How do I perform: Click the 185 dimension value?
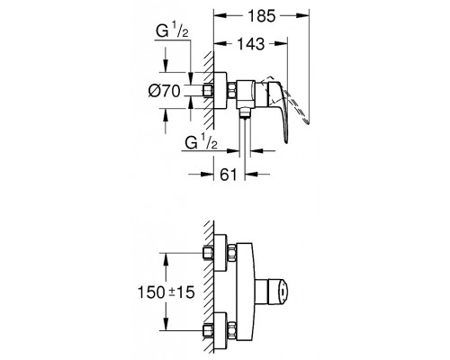click(262, 16)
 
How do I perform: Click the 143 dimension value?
click(251, 44)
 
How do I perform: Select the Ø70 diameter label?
click(165, 91)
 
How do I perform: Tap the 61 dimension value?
click(229, 175)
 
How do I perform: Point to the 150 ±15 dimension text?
click(166, 292)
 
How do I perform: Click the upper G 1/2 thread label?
click(172, 31)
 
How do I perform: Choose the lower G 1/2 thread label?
click(201, 142)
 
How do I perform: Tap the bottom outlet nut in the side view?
click(245, 113)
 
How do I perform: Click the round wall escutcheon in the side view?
click(220, 90)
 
